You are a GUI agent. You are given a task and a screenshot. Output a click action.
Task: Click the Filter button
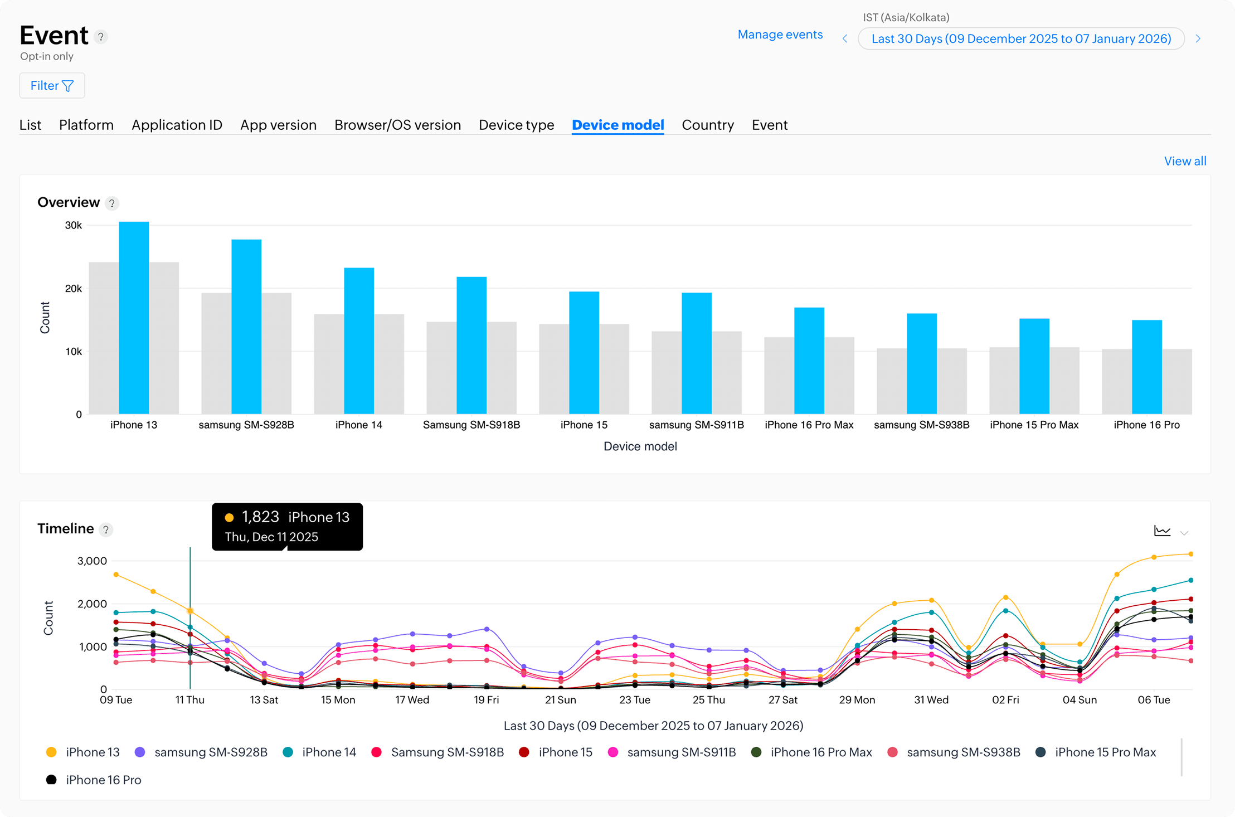[x=52, y=86]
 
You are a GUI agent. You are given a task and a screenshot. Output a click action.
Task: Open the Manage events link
[x=780, y=35]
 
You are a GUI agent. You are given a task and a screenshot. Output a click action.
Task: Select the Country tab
[x=708, y=125]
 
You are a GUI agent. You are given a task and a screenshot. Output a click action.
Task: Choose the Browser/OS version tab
[x=397, y=125]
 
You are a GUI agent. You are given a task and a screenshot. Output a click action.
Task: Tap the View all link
[x=1185, y=161]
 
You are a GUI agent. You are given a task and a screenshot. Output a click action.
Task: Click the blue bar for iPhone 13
[x=134, y=318]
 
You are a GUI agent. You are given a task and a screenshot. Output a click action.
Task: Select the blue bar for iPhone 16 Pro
[x=1147, y=367]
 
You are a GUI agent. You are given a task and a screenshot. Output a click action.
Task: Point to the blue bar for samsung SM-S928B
[x=246, y=327]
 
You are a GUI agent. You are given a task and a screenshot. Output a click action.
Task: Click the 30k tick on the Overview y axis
[x=74, y=225]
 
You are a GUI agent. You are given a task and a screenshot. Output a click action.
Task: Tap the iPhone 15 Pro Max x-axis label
[x=1034, y=425]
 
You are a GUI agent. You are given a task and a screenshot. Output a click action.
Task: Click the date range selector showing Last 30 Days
[x=1021, y=38]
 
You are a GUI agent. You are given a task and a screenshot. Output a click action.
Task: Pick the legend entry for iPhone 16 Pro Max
[x=811, y=752]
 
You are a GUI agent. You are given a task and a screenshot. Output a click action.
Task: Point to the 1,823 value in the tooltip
[x=260, y=517]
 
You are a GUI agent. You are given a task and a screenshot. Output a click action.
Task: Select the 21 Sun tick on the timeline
[x=560, y=700]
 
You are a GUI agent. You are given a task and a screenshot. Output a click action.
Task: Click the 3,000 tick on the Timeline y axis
[x=92, y=561]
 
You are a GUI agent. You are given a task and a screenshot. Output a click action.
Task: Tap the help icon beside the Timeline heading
[x=106, y=529]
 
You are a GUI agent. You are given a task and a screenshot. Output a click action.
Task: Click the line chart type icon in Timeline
[x=1162, y=531]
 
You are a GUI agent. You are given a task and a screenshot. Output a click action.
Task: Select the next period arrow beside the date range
[x=1198, y=39]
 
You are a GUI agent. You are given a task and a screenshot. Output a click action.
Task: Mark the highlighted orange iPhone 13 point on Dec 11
[x=190, y=611]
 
